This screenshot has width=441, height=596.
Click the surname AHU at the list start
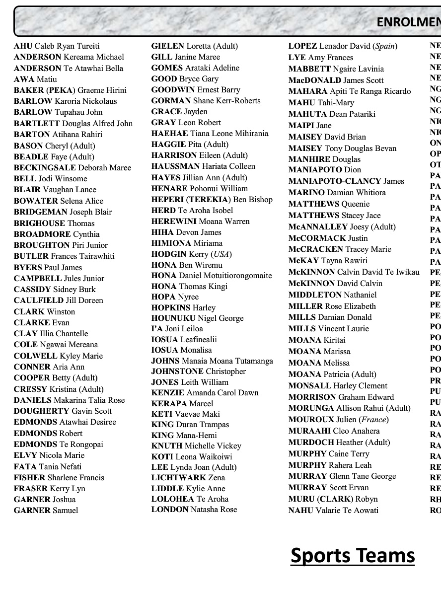(23, 46)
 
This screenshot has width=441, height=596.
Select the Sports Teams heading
(353, 555)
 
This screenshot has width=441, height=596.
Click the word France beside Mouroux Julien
(374, 420)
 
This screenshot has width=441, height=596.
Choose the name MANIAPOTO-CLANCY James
(346, 181)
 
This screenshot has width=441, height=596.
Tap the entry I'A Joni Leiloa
(177, 329)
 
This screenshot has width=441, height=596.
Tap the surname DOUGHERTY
(42, 411)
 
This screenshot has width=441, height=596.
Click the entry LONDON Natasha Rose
(194, 510)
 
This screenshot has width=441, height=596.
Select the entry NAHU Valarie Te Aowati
(333, 511)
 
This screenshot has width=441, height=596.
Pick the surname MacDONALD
(312, 80)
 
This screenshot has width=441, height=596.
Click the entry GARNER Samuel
(46, 511)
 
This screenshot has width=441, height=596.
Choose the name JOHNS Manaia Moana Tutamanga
(212, 361)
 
